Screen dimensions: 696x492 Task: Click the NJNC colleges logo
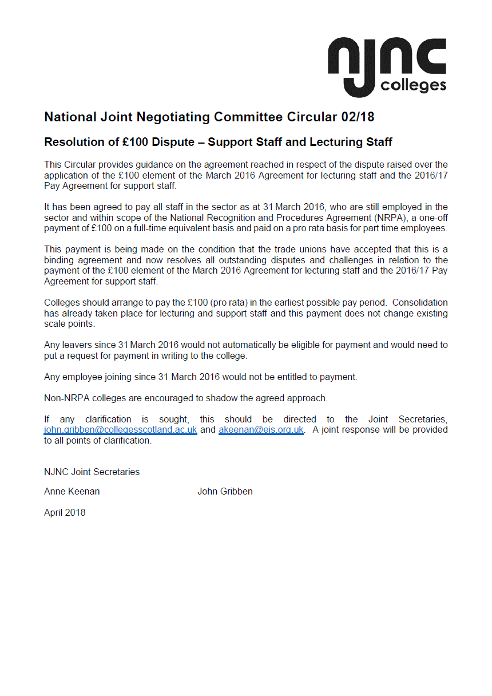coord(387,66)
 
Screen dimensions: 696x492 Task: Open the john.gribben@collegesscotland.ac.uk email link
coord(121,429)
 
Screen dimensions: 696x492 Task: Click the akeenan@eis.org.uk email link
coord(261,429)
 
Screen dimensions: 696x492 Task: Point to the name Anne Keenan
coord(72,491)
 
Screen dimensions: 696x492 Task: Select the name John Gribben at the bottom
coord(225,491)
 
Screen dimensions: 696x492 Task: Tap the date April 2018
coord(65,512)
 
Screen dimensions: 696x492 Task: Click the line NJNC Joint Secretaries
coord(92,472)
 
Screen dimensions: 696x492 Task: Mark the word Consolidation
coord(420,302)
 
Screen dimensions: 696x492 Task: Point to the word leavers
coord(77,345)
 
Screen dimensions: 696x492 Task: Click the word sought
coord(173,419)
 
